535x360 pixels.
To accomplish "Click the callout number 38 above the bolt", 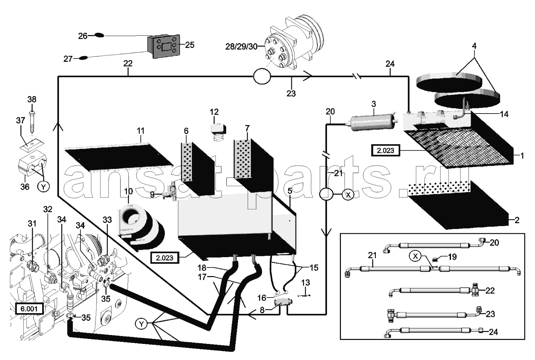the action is coord(32,99).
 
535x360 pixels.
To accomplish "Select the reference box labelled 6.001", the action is coord(29,309).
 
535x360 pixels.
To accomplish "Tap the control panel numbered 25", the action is coord(163,46).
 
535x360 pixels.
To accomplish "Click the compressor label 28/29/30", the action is coord(241,46).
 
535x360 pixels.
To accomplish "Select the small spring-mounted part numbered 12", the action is coord(218,132).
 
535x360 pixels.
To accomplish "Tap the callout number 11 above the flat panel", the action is coord(140,131).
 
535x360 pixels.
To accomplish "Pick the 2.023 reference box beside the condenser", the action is coord(386,151).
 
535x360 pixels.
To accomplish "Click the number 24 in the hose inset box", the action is coord(493,332).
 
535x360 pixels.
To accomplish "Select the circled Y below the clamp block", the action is coord(43,187).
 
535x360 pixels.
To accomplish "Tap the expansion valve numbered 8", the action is coord(284,302).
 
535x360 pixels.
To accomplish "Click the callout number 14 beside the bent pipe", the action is coord(504,114).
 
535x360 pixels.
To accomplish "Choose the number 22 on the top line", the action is coord(128,64).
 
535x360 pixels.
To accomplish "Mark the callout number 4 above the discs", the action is coord(474,46).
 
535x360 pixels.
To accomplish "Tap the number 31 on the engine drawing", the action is coord(32,224).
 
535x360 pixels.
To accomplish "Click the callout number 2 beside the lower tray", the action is coord(517,220).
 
